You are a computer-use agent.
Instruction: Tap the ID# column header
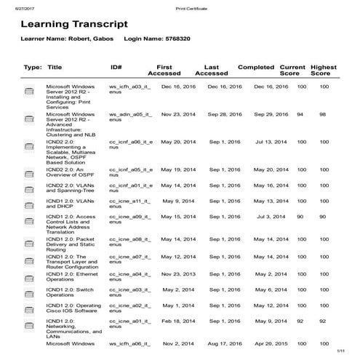[116, 67]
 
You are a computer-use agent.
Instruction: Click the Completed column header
[256, 67]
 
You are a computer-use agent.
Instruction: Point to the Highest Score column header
[324, 70]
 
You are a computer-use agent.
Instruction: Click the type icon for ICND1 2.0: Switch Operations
[30, 293]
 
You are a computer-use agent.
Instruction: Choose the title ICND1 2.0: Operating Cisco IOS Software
[73, 308]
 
